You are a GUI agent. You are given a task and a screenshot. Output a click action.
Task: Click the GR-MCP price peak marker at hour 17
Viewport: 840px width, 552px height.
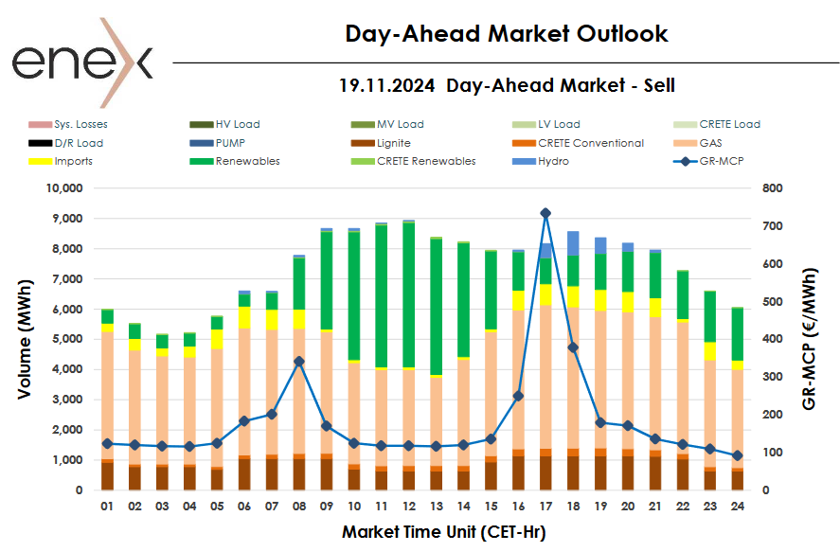(x=545, y=213)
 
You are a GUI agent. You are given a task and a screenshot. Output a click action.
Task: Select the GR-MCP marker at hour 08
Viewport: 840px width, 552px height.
(x=299, y=361)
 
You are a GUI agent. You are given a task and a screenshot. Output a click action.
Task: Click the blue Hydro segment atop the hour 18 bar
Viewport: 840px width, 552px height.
(x=573, y=243)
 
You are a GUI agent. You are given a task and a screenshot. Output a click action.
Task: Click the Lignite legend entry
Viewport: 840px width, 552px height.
(x=392, y=143)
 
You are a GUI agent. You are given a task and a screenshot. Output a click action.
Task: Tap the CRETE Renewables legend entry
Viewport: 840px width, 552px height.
(x=425, y=161)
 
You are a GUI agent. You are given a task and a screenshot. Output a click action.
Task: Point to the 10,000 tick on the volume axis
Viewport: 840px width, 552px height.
(x=64, y=188)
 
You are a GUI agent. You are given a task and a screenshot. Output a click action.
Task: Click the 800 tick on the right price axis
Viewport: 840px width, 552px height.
(x=772, y=188)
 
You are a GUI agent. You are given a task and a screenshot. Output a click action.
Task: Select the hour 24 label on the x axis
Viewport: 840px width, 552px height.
(x=737, y=507)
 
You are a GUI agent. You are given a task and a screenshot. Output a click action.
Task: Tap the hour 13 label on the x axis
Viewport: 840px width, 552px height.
(x=436, y=507)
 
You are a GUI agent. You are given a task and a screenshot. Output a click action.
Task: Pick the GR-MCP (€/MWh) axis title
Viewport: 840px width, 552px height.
(x=810, y=339)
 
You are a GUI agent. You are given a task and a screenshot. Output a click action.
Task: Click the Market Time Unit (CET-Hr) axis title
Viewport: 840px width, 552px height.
(x=443, y=532)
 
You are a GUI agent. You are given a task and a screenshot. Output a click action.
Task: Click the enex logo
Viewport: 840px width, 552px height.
(x=81, y=62)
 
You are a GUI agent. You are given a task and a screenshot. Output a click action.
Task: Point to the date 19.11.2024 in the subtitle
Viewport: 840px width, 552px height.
(x=386, y=85)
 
